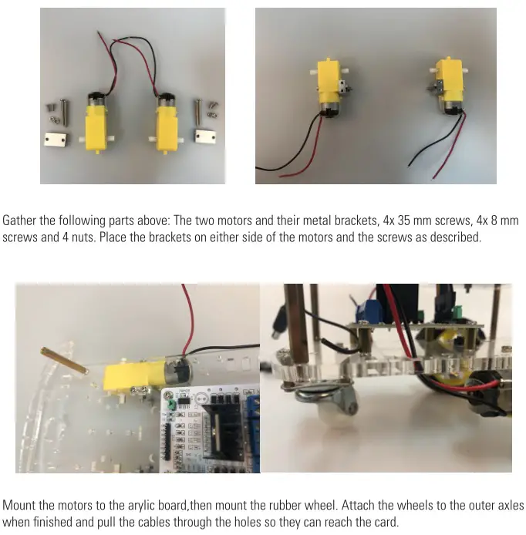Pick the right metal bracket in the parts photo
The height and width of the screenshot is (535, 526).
coord(205,139)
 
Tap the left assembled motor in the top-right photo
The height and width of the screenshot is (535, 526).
coord(329,86)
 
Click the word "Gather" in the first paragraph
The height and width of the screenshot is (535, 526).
coord(19,221)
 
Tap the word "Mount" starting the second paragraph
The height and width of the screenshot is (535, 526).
coord(19,506)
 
